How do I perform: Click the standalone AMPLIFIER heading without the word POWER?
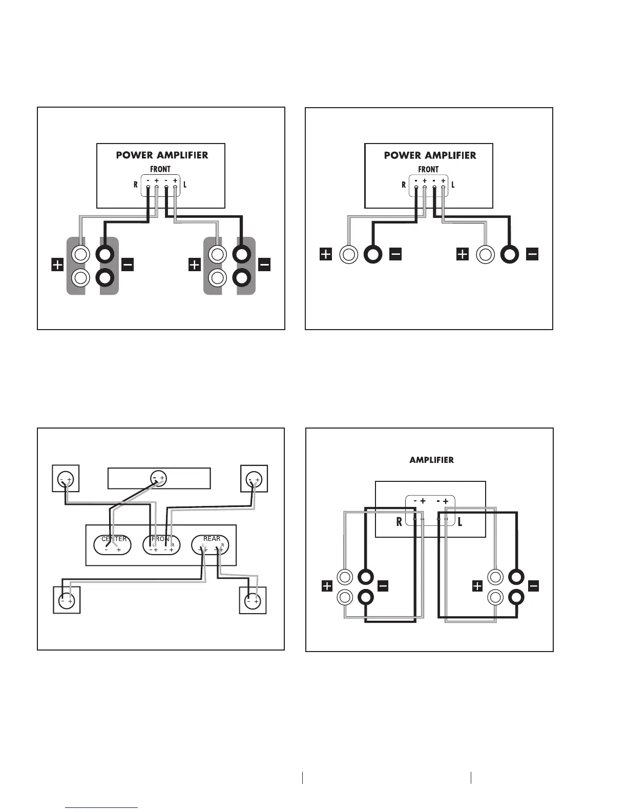(431, 460)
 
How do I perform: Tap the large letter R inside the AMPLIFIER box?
(399, 522)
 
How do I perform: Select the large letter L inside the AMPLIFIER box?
(460, 522)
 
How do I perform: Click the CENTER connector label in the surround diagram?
(114, 539)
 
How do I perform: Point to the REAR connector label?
(212, 539)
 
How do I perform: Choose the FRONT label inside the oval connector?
(161, 539)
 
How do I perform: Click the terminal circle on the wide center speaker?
(158, 478)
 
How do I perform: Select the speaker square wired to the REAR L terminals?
(67, 600)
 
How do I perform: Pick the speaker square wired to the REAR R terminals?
(253, 600)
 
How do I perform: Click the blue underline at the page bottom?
(102, 807)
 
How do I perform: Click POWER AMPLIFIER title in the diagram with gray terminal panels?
(162, 155)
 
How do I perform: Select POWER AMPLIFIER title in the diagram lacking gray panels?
(430, 155)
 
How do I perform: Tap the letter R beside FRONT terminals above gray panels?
(136, 185)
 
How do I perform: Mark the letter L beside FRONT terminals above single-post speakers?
(453, 185)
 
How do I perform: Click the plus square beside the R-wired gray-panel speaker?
(57, 265)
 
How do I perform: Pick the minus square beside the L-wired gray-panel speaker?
(264, 265)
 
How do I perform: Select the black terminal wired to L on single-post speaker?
(510, 254)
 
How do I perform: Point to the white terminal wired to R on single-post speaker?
(349, 254)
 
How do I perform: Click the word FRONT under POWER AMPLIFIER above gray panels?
(160, 169)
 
